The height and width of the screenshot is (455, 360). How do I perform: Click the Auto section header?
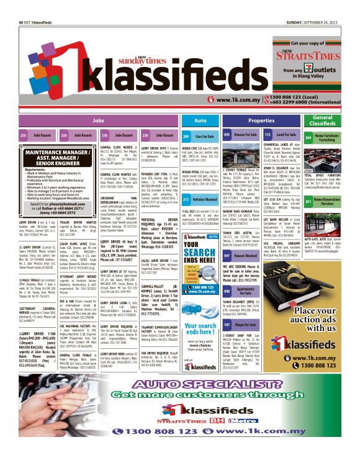(x=200, y=120)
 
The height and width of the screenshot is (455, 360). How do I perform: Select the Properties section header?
(x=261, y=120)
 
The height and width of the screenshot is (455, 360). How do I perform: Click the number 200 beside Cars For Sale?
(x=186, y=135)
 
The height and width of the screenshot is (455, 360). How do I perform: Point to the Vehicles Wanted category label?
(x=205, y=199)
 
